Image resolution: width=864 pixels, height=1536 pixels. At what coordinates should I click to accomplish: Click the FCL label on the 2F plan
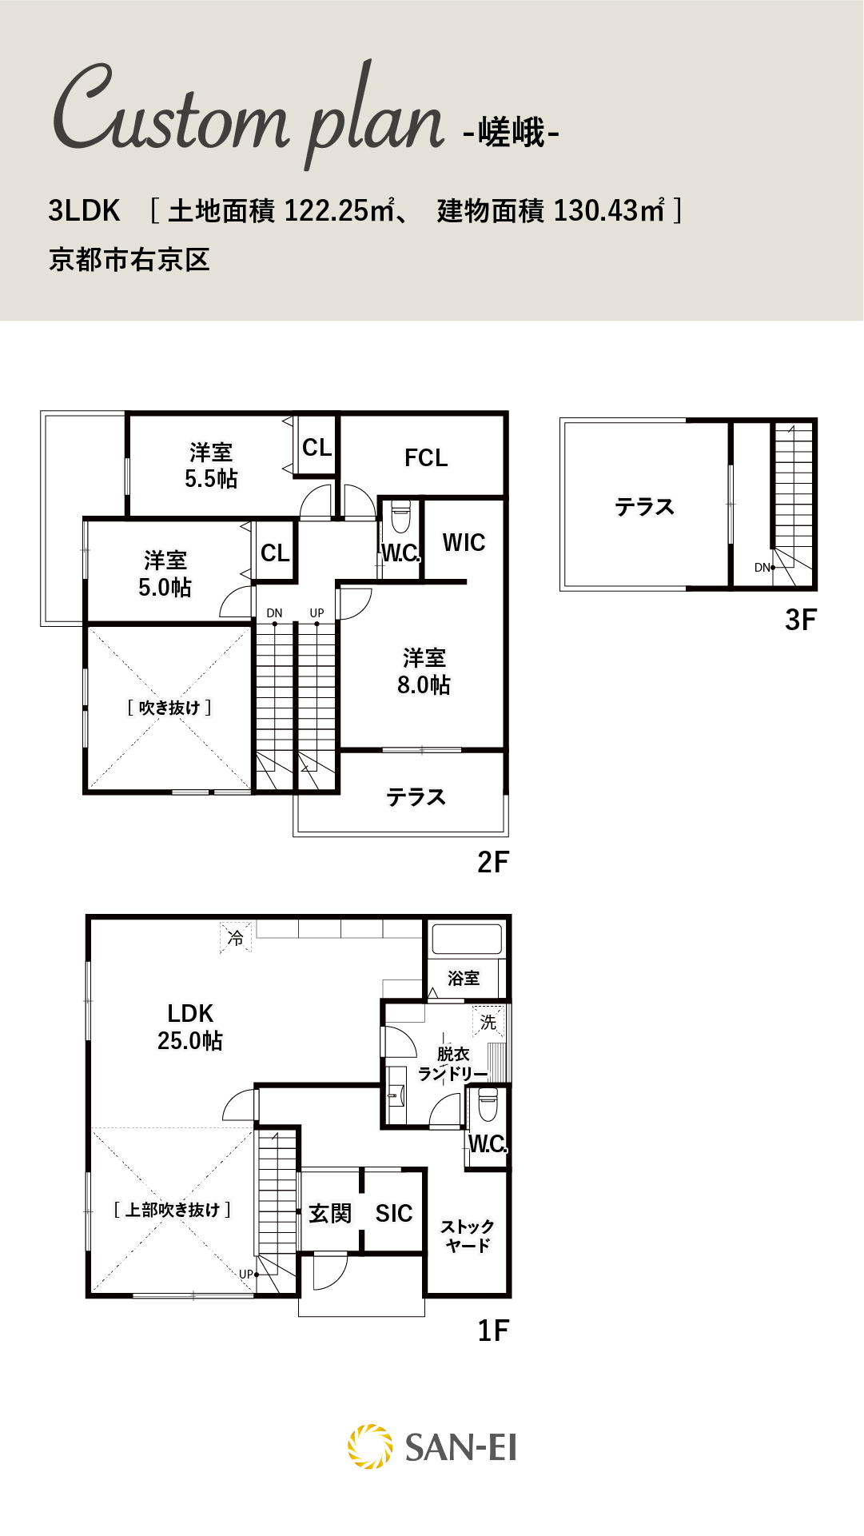426,458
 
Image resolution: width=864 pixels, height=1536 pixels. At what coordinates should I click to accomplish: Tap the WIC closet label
464,543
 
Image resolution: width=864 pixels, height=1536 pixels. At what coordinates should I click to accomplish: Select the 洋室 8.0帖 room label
424,672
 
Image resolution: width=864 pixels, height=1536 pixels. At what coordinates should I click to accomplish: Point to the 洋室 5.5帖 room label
211,465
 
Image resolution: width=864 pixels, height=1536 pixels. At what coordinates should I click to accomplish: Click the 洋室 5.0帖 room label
165,574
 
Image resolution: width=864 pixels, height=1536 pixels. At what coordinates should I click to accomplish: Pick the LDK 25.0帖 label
190,1027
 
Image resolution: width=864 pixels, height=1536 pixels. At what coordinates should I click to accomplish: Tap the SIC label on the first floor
394,1214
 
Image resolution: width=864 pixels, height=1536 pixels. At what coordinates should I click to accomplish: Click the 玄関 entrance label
330,1214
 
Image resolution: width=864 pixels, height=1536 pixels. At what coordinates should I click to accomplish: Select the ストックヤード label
468,1235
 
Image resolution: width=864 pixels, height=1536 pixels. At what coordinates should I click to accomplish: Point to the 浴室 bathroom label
464,978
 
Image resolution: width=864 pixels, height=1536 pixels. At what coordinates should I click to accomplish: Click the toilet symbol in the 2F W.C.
400,517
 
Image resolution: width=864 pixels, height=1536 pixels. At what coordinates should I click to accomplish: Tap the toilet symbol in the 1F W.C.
488,1104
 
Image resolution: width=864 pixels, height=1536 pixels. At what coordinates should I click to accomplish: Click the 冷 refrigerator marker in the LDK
236,937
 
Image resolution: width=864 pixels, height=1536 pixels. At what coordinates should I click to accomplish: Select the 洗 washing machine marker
488,1022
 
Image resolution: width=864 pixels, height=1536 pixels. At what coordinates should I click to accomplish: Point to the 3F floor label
801,620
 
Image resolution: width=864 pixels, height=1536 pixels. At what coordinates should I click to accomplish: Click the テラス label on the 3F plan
644,507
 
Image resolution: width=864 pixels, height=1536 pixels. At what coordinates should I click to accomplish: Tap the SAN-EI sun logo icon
370,1446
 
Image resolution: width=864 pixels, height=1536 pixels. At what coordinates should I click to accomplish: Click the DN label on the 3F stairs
762,568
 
